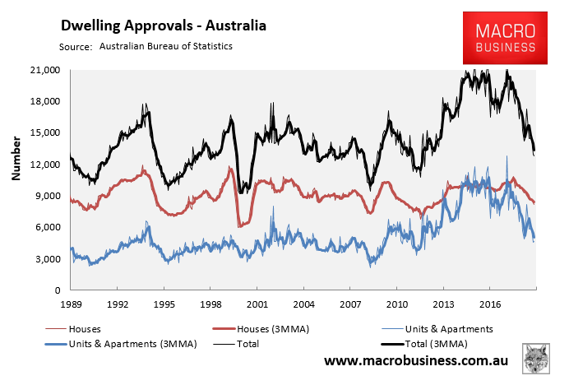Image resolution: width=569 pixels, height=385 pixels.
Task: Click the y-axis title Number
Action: click(16, 164)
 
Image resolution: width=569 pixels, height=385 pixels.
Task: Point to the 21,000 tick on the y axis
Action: click(46, 70)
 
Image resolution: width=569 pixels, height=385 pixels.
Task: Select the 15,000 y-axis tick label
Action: click(46, 132)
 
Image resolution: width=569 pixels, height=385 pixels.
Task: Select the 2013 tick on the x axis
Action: click(444, 304)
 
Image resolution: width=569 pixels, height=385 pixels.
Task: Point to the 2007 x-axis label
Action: click(350, 304)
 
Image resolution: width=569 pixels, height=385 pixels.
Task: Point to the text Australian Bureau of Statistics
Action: click(166, 46)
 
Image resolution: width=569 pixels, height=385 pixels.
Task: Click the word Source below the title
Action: click(75, 47)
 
